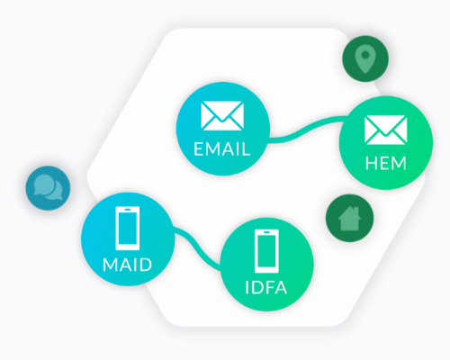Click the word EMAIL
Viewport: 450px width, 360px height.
pyautogui.click(x=221, y=149)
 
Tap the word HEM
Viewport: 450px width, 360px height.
pyautogui.click(x=386, y=164)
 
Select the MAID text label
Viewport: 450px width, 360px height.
pyautogui.click(x=128, y=265)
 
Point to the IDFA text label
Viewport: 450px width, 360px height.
pyautogui.click(x=266, y=287)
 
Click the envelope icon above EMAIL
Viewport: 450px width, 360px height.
pyautogui.click(x=222, y=116)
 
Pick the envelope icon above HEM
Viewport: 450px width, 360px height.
pyautogui.click(x=386, y=130)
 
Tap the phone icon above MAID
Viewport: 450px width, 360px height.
pyautogui.click(x=128, y=229)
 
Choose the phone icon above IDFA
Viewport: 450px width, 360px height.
pyautogui.click(x=266, y=251)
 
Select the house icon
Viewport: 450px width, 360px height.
pyautogui.click(x=349, y=219)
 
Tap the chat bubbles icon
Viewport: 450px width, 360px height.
pyautogui.click(x=48, y=187)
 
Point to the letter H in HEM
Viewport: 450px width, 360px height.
pyautogui.click(x=371, y=164)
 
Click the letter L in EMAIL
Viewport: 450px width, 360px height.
pyautogui.click(x=246, y=149)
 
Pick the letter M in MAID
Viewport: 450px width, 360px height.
pyautogui.click(x=110, y=265)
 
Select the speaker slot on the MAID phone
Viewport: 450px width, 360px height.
pyautogui.click(x=128, y=209)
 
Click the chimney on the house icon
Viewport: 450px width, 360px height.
pyautogui.click(x=356, y=211)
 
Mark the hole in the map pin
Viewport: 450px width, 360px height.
pyautogui.click(x=365, y=55)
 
